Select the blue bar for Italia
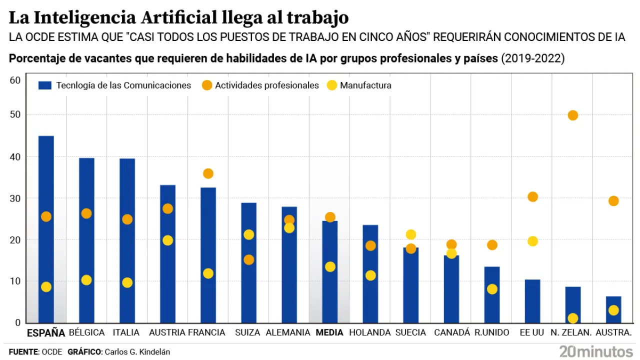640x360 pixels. pyautogui.click(x=127, y=240)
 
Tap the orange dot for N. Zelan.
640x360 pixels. pyautogui.click(x=573, y=115)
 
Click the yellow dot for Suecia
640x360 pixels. pyautogui.click(x=411, y=234)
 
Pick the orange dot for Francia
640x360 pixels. pyautogui.click(x=208, y=173)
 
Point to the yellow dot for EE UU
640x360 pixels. pyautogui.click(x=532, y=241)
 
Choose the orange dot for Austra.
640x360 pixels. pyautogui.click(x=613, y=201)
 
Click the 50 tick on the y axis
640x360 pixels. pyautogui.click(x=16, y=115)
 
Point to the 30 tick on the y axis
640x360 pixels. pyautogui.click(x=16, y=198)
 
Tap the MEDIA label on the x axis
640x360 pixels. pyautogui.click(x=329, y=332)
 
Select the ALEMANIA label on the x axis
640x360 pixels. pyautogui.click(x=288, y=332)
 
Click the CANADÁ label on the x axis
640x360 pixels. pyautogui.click(x=452, y=332)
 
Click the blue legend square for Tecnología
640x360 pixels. pyautogui.click(x=45, y=85)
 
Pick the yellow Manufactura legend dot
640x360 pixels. pyautogui.click(x=331, y=85)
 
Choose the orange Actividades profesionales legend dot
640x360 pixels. pyautogui.click(x=206, y=85)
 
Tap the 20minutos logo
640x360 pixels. pyautogui.click(x=595, y=350)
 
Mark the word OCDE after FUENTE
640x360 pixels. pyautogui.click(x=52, y=352)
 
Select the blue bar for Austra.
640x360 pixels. pyautogui.click(x=613, y=309)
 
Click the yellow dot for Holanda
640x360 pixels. pyautogui.click(x=370, y=275)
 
